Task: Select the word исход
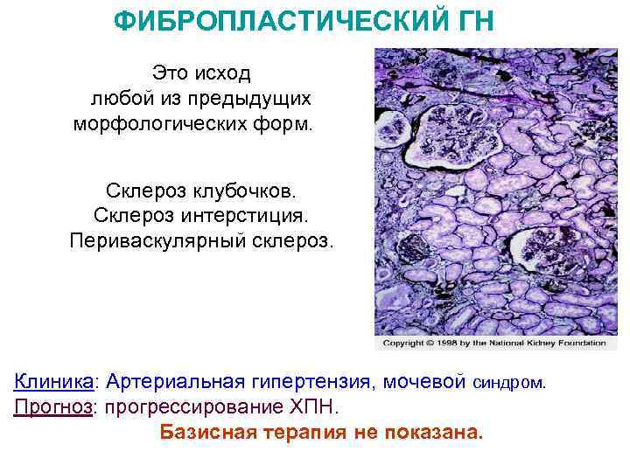coord(223,73)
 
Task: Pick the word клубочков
coord(248,190)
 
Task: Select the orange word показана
coord(433,434)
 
